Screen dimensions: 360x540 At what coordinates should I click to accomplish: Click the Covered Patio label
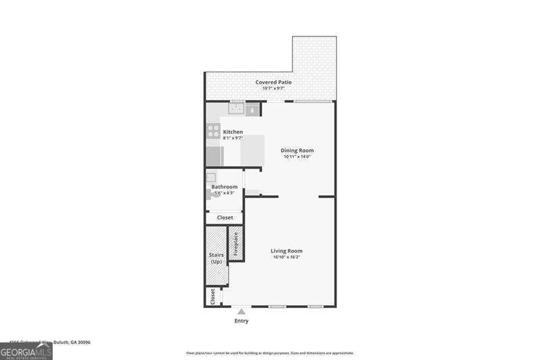273,82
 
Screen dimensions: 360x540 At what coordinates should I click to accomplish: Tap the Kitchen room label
233,132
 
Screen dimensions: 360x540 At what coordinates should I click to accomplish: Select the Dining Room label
297,151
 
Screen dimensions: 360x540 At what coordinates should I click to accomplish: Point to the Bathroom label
224,186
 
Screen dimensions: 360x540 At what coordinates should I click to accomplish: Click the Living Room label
287,251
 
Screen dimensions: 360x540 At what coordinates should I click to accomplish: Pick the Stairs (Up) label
217,258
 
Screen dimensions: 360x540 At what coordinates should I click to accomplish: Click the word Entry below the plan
241,321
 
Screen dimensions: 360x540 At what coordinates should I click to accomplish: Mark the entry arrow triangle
241,311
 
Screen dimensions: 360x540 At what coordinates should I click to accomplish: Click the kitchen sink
236,108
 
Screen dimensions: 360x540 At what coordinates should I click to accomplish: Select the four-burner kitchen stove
213,131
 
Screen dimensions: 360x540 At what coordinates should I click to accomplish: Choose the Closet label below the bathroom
225,217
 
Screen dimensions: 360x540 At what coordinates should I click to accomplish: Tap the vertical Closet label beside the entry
213,296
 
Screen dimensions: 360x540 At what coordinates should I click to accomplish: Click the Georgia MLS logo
26,352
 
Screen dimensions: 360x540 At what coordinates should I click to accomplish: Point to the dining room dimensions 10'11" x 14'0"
297,157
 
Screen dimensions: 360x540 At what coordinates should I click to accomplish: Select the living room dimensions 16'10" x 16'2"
287,257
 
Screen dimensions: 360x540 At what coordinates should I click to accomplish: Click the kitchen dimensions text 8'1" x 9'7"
233,138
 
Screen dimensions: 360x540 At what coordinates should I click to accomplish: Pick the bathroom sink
211,178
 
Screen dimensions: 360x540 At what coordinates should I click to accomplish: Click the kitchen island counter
253,149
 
